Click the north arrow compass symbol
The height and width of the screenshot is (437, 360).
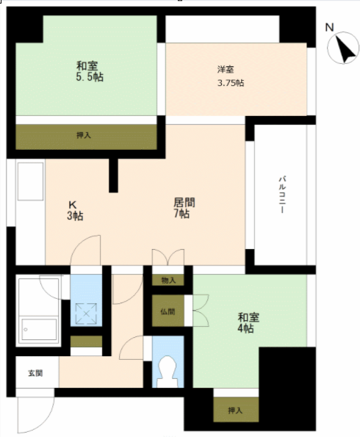point(343,48)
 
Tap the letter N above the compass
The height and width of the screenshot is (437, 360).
point(330,27)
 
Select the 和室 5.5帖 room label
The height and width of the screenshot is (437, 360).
point(90,71)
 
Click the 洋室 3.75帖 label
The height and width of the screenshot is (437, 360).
point(231,76)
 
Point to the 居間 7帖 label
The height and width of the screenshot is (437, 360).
point(184,208)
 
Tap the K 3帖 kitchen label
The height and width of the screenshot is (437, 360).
point(75,210)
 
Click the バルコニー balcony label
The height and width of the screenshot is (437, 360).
point(282,194)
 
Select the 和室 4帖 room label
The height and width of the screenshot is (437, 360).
point(248,322)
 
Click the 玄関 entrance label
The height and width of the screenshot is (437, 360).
point(35,373)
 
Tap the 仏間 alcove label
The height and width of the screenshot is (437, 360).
point(168,311)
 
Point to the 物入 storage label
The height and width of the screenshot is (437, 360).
point(168,281)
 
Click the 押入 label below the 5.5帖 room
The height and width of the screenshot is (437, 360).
point(84,135)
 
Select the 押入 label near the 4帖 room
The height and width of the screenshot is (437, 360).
point(235,411)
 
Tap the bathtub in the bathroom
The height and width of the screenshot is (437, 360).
point(38,310)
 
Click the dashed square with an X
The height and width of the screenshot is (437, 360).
point(86,314)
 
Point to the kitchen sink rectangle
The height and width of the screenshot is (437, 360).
point(30,181)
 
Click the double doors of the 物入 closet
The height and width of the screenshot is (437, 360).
point(168,257)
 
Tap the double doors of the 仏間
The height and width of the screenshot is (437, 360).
point(201,311)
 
